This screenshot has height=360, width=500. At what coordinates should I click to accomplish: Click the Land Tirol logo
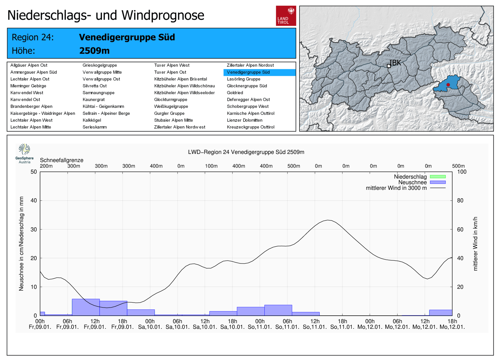click(286, 16)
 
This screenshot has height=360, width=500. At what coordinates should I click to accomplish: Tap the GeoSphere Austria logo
click(24, 153)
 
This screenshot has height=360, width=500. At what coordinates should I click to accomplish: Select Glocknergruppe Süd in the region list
click(247, 86)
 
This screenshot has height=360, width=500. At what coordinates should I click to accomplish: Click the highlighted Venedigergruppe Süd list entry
click(248, 72)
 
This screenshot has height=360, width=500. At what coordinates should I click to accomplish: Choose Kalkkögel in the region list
click(92, 120)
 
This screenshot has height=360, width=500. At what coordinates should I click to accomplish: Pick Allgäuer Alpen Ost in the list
click(29, 65)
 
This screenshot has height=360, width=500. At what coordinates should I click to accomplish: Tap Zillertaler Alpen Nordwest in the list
click(180, 127)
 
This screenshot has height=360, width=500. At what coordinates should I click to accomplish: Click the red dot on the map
click(448, 85)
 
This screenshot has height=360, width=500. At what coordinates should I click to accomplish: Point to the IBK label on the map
click(395, 63)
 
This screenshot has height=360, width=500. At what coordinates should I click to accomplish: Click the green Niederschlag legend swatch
click(437, 177)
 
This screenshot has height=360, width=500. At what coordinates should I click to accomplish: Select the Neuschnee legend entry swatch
click(437, 182)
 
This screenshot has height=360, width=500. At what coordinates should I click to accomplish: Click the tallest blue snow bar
click(86, 307)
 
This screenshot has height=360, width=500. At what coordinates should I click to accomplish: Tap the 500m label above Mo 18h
click(458, 166)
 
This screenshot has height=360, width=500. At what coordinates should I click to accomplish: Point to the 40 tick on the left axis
click(33, 200)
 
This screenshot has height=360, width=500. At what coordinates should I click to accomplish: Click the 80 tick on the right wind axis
click(460, 200)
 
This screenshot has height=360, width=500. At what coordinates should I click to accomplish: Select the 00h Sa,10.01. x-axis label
click(150, 324)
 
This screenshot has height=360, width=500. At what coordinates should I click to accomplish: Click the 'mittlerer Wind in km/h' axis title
click(475, 244)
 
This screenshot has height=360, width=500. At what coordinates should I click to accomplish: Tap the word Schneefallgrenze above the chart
click(62, 160)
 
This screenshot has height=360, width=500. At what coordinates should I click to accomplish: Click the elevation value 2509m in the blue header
click(94, 51)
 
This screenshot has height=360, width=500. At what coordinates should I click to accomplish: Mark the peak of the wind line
click(328, 220)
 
